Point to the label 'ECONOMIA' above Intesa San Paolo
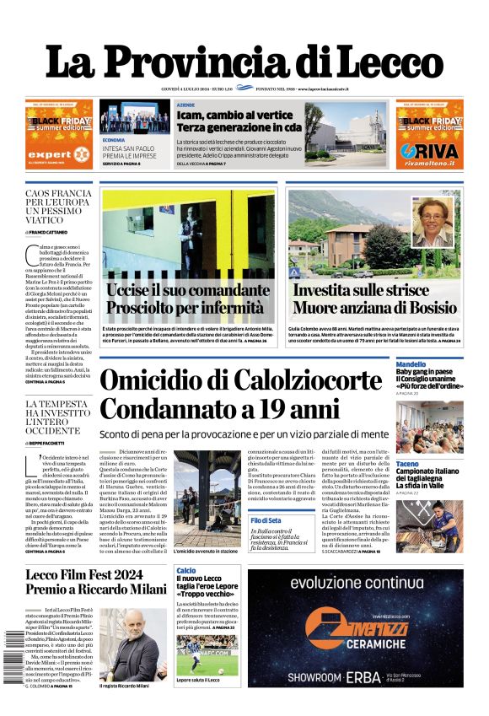coord(114,139)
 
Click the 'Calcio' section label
coord(185,571)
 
